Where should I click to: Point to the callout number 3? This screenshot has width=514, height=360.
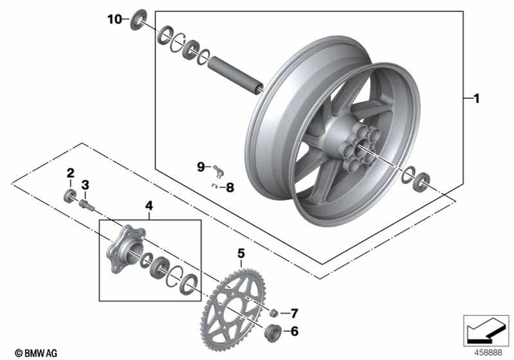(x=85, y=184)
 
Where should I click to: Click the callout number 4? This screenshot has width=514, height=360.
(x=149, y=207)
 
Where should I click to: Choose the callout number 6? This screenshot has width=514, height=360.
(x=293, y=329)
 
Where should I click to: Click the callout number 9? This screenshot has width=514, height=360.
(x=202, y=166)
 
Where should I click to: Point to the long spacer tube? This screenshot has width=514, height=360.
(x=238, y=72)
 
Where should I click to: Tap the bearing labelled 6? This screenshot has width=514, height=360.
(x=273, y=330)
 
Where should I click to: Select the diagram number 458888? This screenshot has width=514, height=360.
(x=487, y=351)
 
